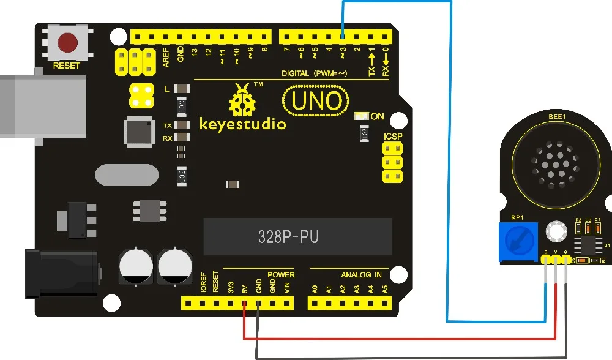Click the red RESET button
coord(67,42)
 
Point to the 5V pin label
coord(244,286)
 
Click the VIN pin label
coord(287,286)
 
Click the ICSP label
coord(393,137)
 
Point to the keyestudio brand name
coord(242,125)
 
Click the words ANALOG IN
coord(361,274)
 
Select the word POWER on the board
coord(281,274)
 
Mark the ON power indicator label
coord(378,116)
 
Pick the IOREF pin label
coord(201,285)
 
